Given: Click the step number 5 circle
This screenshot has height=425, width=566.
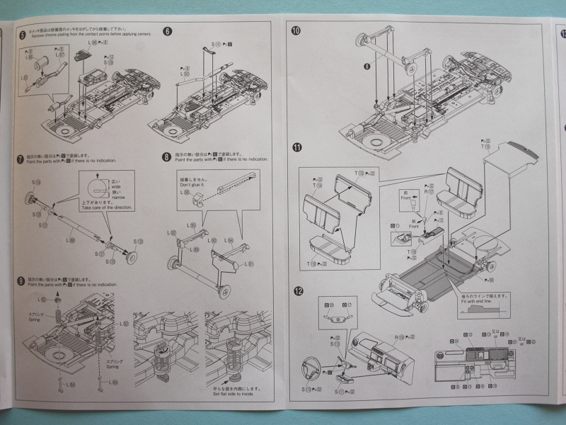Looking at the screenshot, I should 23,35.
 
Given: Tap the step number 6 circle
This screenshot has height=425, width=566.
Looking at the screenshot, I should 167,31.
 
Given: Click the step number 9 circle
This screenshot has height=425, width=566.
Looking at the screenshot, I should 23,280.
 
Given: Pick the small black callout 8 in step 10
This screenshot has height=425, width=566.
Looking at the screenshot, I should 367,67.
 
